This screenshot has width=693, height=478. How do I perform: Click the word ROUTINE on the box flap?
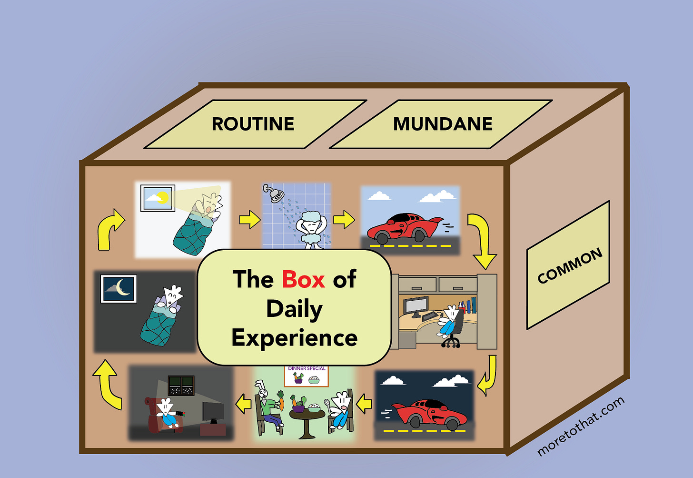click(x=253, y=124)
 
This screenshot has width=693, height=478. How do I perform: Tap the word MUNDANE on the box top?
click(x=443, y=124)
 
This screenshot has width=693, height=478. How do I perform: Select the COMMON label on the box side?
click(x=570, y=265)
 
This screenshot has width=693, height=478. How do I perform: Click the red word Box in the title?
click(x=303, y=279)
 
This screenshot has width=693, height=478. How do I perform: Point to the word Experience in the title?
click(x=294, y=338)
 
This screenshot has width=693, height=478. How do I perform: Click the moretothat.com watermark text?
click(x=580, y=427)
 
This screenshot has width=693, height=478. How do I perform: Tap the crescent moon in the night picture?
click(x=123, y=287)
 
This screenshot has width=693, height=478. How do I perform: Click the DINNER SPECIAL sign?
click(x=307, y=376)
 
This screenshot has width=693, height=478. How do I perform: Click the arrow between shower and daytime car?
click(x=344, y=220)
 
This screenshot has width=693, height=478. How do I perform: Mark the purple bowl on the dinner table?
click(x=298, y=408)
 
